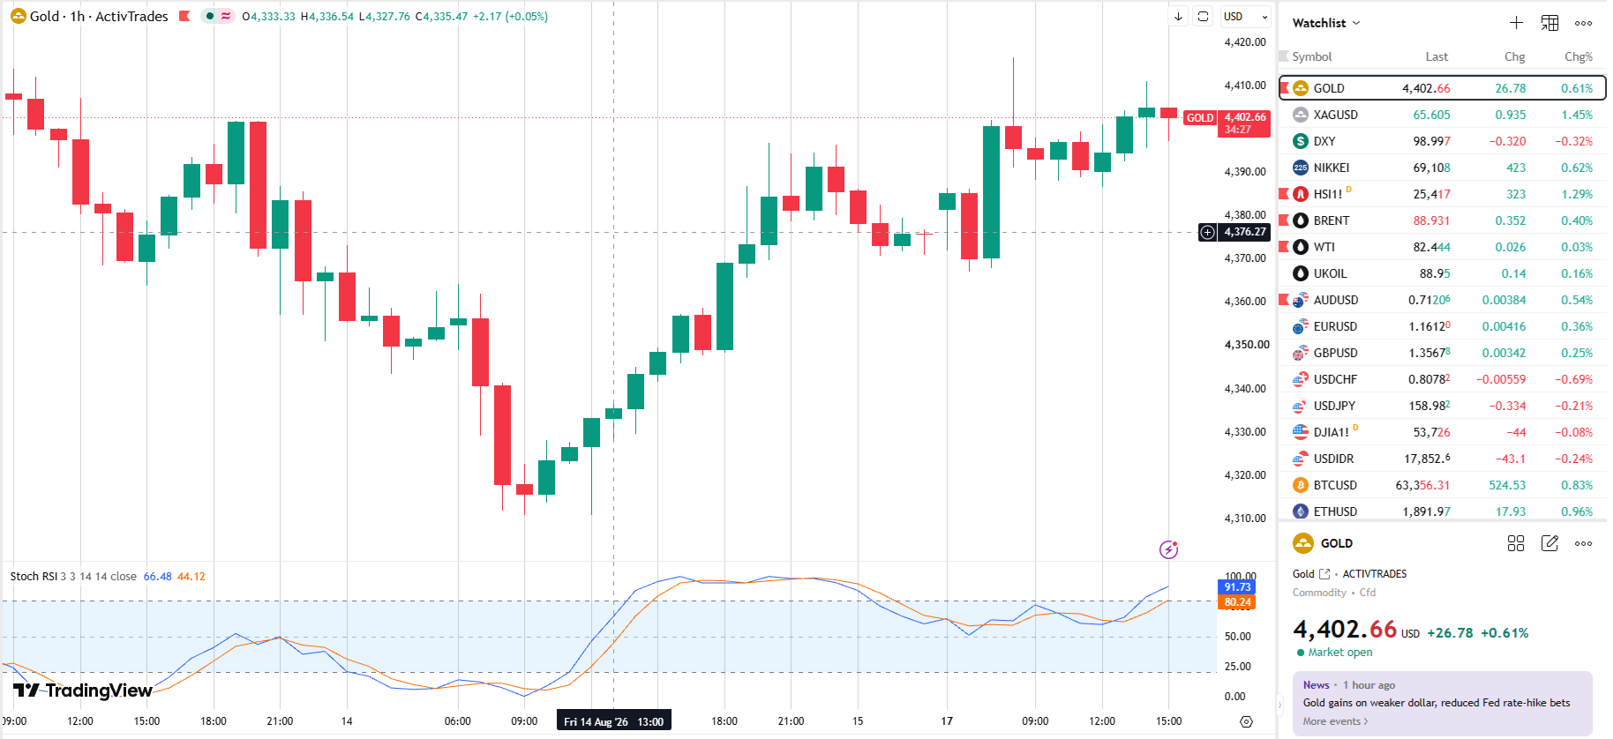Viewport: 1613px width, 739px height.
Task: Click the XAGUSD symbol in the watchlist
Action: pyautogui.click(x=1335, y=115)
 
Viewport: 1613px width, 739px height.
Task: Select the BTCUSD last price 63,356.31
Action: pyautogui.click(x=1422, y=485)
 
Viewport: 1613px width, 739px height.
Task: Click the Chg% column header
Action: pyautogui.click(x=1579, y=56)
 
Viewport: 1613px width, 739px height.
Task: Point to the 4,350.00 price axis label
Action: pyautogui.click(x=1247, y=345)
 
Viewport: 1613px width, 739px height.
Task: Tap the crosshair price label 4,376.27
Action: pyautogui.click(x=1244, y=232)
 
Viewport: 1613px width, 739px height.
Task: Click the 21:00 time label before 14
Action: pyautogui.click(x=280, y=721)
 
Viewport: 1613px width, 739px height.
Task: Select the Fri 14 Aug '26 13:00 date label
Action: pyautogui.click(x=613, y=721)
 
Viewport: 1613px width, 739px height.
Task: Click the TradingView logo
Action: pyautogui.click(x=82, y=690)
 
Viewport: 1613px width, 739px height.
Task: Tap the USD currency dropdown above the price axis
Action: pyautogui.click(x=1245, y=17)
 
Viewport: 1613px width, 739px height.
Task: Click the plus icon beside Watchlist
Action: pyautogui.click(x=1516, y=23)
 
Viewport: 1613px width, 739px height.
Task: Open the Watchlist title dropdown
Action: pyautogui.click(x=1326, y=23)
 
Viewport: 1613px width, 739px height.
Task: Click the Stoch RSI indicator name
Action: pyautogui.click(x=34, y=577)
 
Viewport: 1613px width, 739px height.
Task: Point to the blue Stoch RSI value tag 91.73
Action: pyautogui.click(x=1237, y=587)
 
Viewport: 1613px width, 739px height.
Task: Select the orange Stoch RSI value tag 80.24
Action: pyautogui.click(x=1237, y=602)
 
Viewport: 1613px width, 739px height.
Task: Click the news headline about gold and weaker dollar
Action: pyautogui.click(x=1437, y=703)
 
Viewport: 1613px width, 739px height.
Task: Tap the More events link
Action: pyautogui.click(x=1335, y=721)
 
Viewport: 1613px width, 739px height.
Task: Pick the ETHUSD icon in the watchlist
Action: pyautogui.click(x=1301, y=511)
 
